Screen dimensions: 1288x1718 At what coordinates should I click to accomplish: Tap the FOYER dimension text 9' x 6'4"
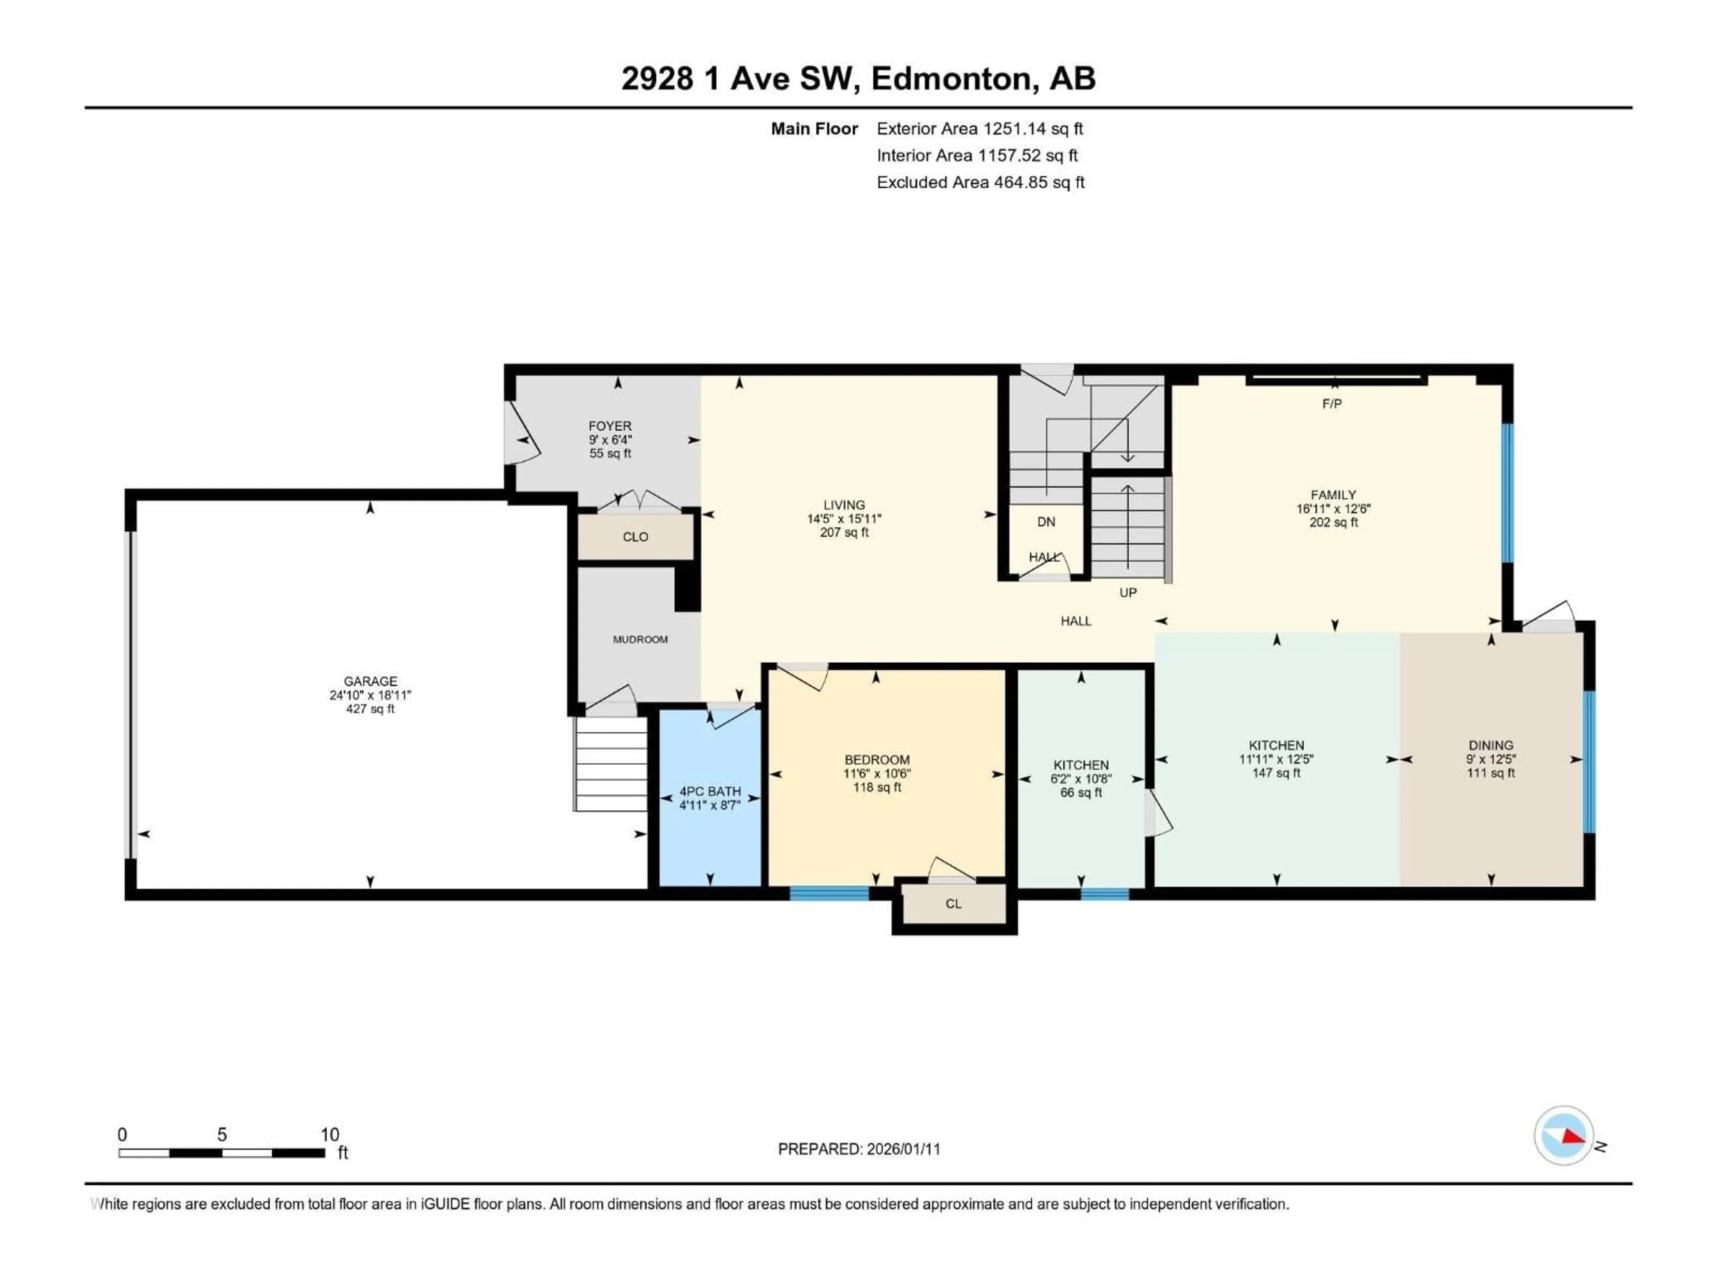click(x=610, y=440)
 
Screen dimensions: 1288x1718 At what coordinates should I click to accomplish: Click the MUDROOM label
click(x=640, y=640)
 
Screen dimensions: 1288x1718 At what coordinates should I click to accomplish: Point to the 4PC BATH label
click(x=710, y=791)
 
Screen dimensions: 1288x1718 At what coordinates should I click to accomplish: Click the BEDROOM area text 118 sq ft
click(x=877, y=787)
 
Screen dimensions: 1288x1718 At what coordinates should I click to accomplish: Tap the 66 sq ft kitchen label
click(x=1081, y=792)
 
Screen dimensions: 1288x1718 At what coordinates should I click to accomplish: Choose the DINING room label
click(x=1490, y=746)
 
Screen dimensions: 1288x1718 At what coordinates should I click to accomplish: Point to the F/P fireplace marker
click(x=1332, y=404)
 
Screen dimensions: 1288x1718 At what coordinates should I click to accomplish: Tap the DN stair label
click(x=1046, y=522)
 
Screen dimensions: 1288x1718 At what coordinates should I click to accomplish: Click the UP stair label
click(x=1128, y=593)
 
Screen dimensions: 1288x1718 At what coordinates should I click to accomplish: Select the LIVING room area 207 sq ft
click(x=844, y=533)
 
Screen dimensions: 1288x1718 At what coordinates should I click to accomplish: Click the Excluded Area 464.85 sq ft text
click(x=980, y=182)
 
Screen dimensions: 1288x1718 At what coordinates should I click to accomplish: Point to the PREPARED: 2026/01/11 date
click(x=859, y=1149)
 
